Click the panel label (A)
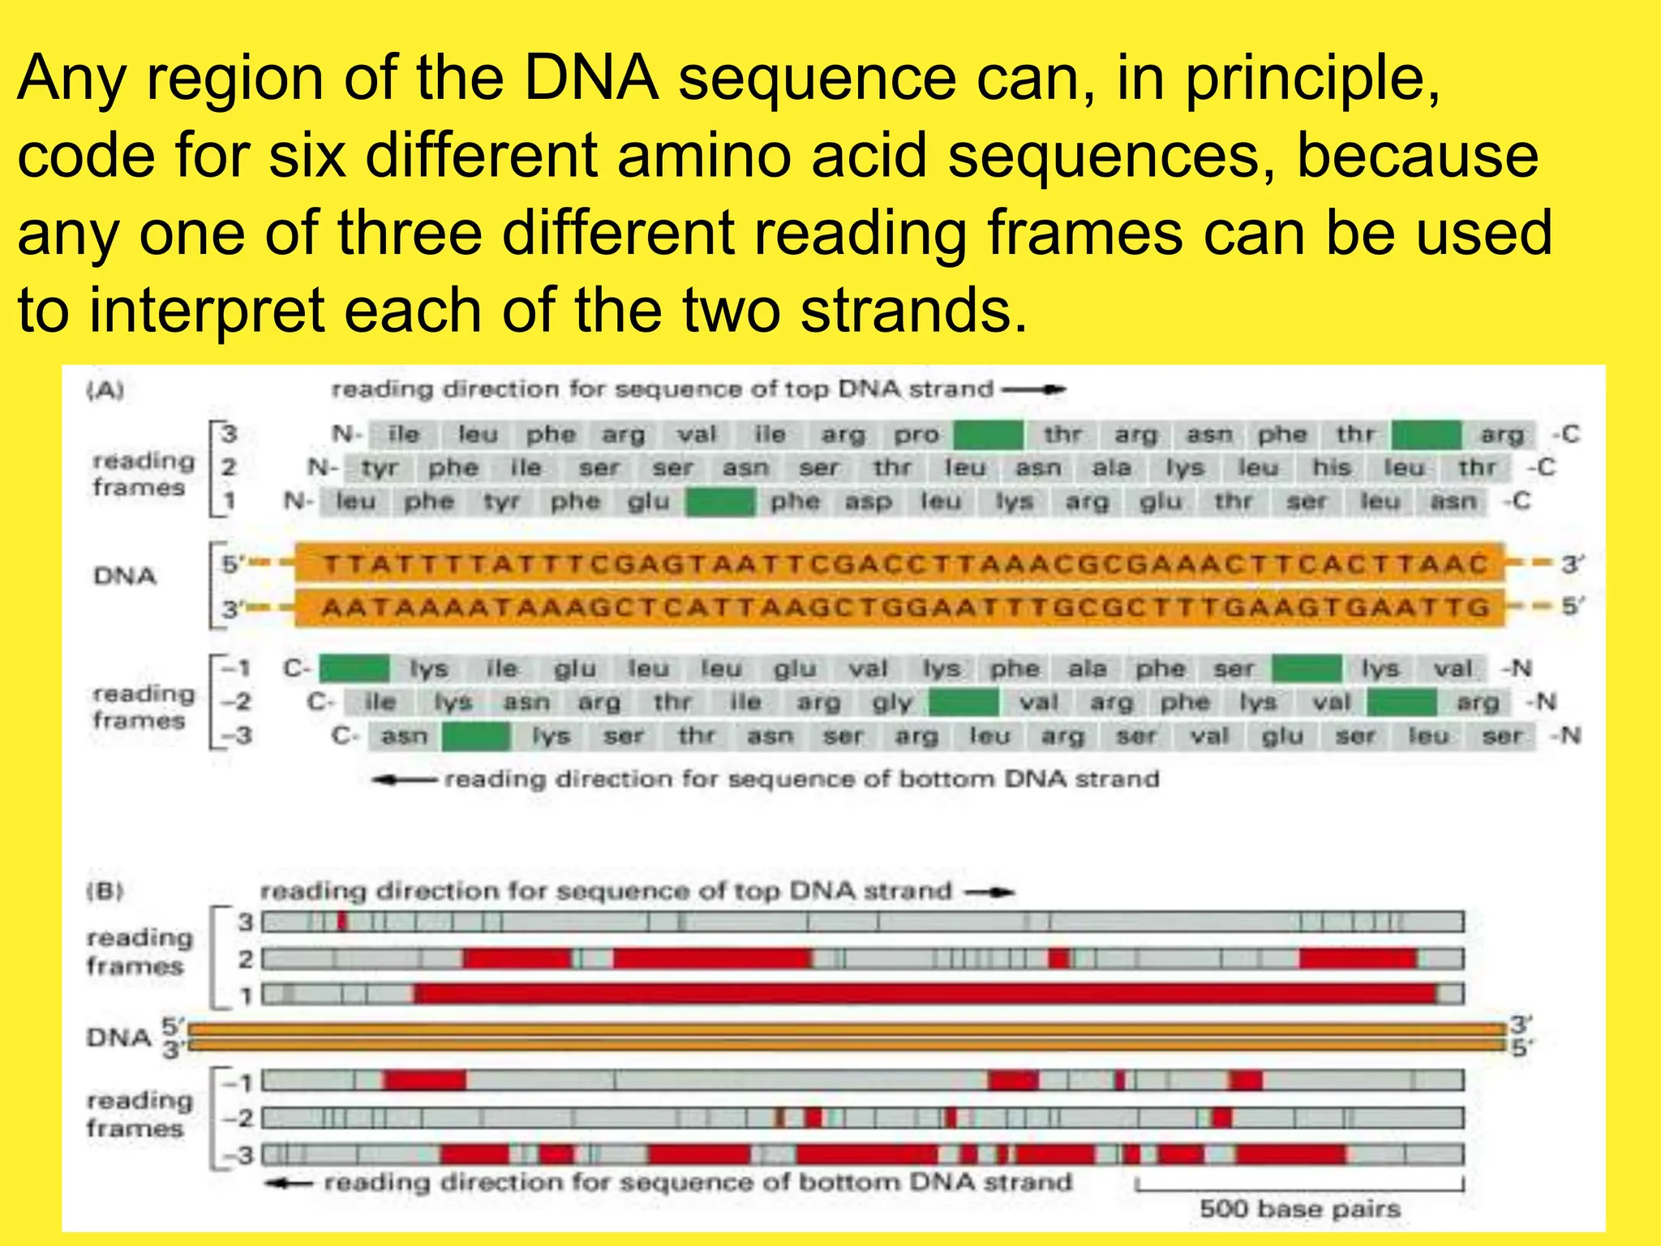tap(105, 391)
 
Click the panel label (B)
tap(105, 892)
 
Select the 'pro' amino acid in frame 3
tap(916, 436)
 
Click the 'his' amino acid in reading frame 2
tap(1331, 468)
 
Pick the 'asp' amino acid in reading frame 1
tap(868, 502)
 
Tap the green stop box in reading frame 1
tap(720, 502)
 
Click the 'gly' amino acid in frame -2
tap(892, 702)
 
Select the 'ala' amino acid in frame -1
tap(1087, 669)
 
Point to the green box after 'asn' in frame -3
tap(476, 737)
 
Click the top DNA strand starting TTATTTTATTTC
tap(899, 564)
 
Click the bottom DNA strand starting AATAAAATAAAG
tap(899, 608)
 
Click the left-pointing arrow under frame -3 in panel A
tap(403, 780)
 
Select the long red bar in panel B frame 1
tap(925, 994)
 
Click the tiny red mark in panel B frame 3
tap(342, 922)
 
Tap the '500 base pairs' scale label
tap(1299, 1209)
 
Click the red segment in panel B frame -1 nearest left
tap(424, 1081)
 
